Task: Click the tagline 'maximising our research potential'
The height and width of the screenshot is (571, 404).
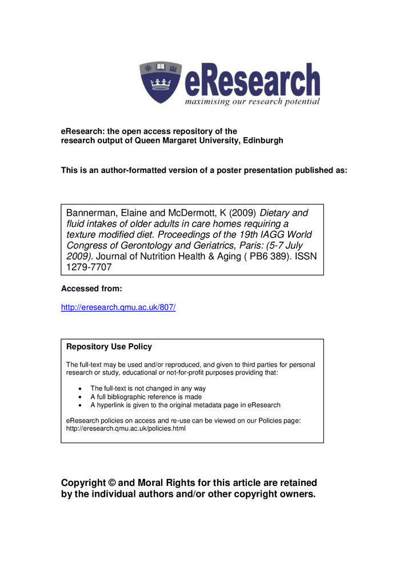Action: tap(252, 102)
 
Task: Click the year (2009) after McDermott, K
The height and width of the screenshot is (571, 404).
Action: tap(240, 213)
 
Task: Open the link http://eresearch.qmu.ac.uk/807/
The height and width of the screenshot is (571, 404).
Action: tap(118, 307)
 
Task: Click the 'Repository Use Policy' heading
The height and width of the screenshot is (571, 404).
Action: tap(109, 347)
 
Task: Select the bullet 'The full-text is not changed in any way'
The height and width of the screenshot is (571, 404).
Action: tap(148, 388)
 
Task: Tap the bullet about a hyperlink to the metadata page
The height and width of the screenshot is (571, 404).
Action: tap(186, 405)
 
